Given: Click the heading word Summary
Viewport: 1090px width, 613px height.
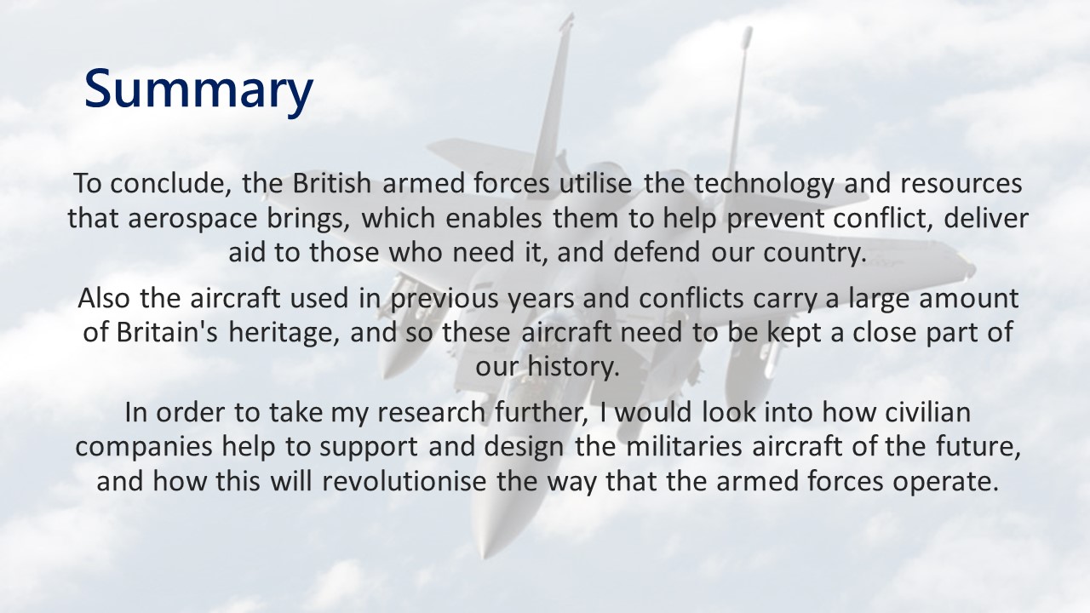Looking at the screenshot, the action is click(x=198, y=90).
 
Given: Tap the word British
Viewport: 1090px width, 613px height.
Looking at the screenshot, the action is click(x=332, y=183).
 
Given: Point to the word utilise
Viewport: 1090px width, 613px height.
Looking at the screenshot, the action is click(x=595, y=183).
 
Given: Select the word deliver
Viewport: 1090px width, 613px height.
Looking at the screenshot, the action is click(x=986, y=218).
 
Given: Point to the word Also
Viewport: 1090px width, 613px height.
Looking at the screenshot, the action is click(x=104, y=298).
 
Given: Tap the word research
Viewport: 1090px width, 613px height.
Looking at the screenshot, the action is click(x=431, y=413).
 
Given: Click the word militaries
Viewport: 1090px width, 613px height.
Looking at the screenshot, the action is click(x=683, y=447).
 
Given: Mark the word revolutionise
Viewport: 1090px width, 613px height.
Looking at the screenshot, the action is click(x=404, y=481).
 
